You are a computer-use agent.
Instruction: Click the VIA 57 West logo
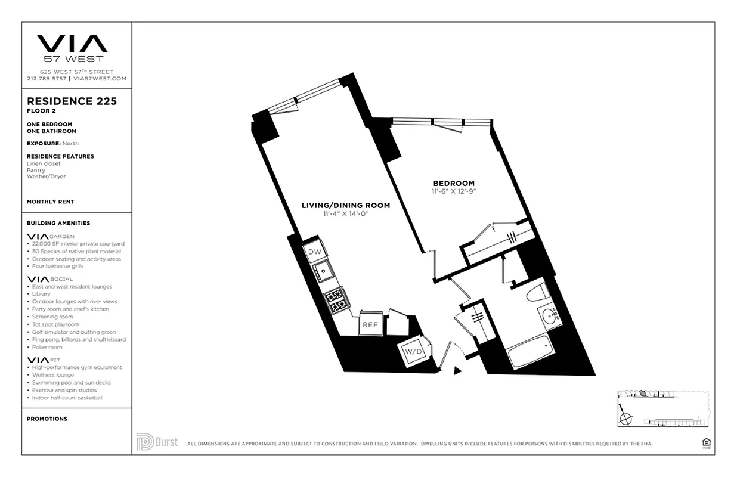(72, 48)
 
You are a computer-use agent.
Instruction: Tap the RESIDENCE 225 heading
(72, 101)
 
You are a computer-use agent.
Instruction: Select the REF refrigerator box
(370, 324)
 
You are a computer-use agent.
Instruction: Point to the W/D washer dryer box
(414, 352)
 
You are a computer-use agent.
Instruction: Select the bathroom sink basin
(549, 317)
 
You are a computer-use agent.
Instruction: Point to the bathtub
(530, 352)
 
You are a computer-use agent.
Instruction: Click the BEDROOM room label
(454, 183)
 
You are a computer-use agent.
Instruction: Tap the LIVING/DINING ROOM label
(346, 205)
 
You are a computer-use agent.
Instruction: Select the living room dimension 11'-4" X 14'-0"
(346, 213)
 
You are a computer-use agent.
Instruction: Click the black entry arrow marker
(457, 371)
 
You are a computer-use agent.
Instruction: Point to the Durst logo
(157, 442)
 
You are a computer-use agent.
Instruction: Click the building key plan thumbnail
(663, 408)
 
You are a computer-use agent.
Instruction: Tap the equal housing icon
(707, 442)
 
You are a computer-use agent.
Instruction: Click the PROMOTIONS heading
(47, 419)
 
